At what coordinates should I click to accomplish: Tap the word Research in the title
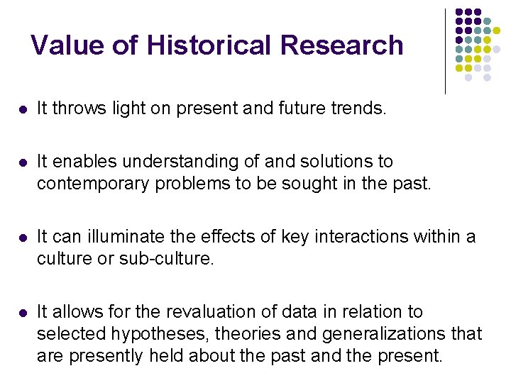tap(342, 45)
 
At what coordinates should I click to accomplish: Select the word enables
tap(82, 162)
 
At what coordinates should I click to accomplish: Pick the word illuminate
tap(132, 237)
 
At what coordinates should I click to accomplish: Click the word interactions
tap(349, 237)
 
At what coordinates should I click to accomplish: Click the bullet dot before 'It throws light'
tap(22, 109)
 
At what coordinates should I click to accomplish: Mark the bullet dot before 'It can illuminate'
tap(22, 238)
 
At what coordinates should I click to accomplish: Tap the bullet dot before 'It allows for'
tap(22, 313)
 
